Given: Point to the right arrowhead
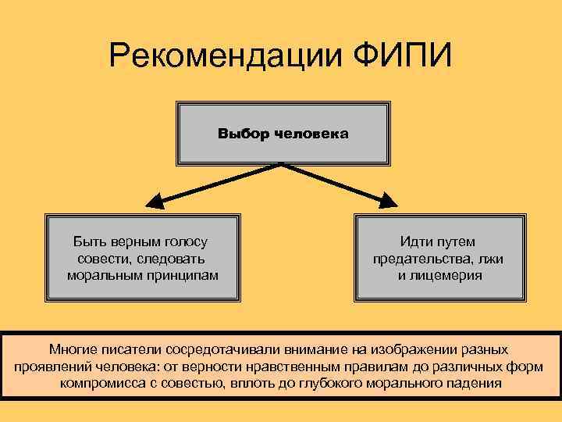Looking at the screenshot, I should [x=389, y=202].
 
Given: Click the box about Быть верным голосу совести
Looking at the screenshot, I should [x=141, y=259].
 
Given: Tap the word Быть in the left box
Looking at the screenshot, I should [x=88, y=242].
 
